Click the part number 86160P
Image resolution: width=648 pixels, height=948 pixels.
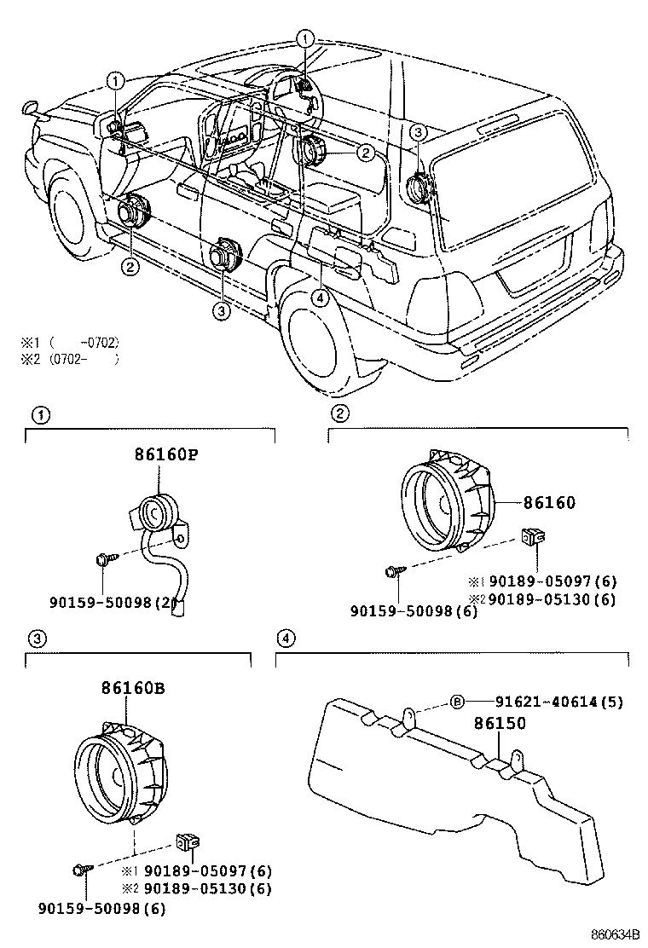coord(165,454)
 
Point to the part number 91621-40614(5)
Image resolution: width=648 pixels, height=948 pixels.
coord(558,702)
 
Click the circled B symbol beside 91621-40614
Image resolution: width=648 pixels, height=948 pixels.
coord(456,702)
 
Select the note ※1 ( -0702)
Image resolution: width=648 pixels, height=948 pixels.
coord(69,342)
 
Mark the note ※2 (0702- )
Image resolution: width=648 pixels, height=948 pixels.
coord(69,358)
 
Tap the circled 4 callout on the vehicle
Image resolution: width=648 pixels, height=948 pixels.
coord(319,298)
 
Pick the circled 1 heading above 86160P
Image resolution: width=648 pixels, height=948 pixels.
coord(38,415)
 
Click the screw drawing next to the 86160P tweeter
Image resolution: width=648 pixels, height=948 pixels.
coord(106,560)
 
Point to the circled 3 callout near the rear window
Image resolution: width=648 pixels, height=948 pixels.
coord(417,131)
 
